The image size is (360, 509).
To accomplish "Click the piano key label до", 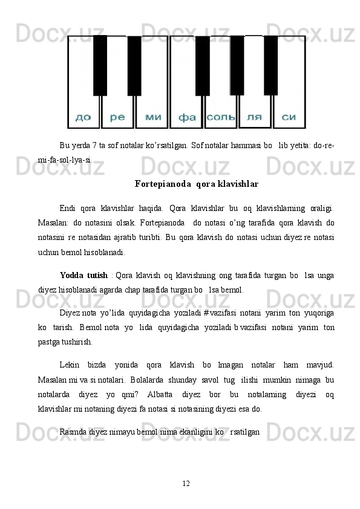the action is click(x=83, y=117).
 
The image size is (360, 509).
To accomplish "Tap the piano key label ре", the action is click(x=117, y=117).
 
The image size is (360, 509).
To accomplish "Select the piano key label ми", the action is click(x=152, y=117).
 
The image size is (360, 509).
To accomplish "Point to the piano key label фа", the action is click(x=187, y=117).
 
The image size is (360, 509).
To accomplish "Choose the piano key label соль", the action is click(x=221, y=117).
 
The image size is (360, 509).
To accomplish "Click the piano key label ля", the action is click(x=255, y=117).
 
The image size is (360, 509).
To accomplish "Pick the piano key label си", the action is click(x=289, y=117).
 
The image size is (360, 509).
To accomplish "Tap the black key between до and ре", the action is click(x=100, y=65).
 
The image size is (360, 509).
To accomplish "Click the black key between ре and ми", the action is click(x=134, y=65).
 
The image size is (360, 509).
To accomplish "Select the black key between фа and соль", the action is click(x=202, y=65).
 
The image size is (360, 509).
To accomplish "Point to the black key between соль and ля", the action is click(x=237, y=65).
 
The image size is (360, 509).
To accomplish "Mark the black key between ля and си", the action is click(x=270, y=65).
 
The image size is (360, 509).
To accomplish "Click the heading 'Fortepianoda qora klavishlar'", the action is click(x=196, y=183).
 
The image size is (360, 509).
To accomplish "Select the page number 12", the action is click(x=186, y=482).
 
